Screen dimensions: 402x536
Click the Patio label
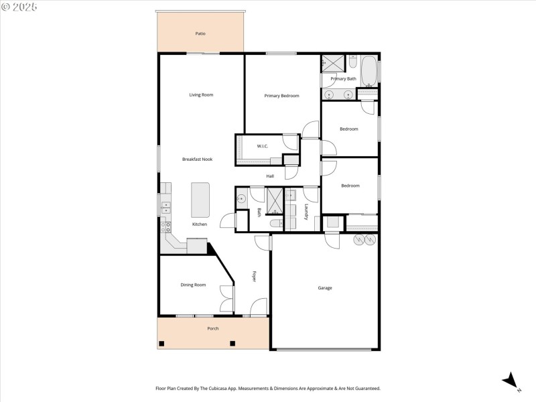(200, 33)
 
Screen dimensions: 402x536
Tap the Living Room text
(201, 95)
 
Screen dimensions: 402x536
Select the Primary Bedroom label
(281, 96)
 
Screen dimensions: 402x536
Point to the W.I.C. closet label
(263, 146)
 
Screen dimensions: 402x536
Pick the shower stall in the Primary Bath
(333, 63)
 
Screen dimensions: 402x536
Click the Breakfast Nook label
(198, 159)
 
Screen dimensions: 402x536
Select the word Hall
(270, 176)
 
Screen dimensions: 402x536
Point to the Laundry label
(306, 212)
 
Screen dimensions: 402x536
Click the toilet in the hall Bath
(275, 223)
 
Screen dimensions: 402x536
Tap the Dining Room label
(193, 285)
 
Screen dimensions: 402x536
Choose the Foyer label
(255, 277)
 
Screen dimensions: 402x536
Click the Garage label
(325, 288)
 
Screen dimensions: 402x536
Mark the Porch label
(213, 328)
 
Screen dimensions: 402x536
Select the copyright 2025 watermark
(19, 7)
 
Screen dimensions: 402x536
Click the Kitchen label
(200, 224)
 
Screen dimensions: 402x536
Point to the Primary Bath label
(343, 79)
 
